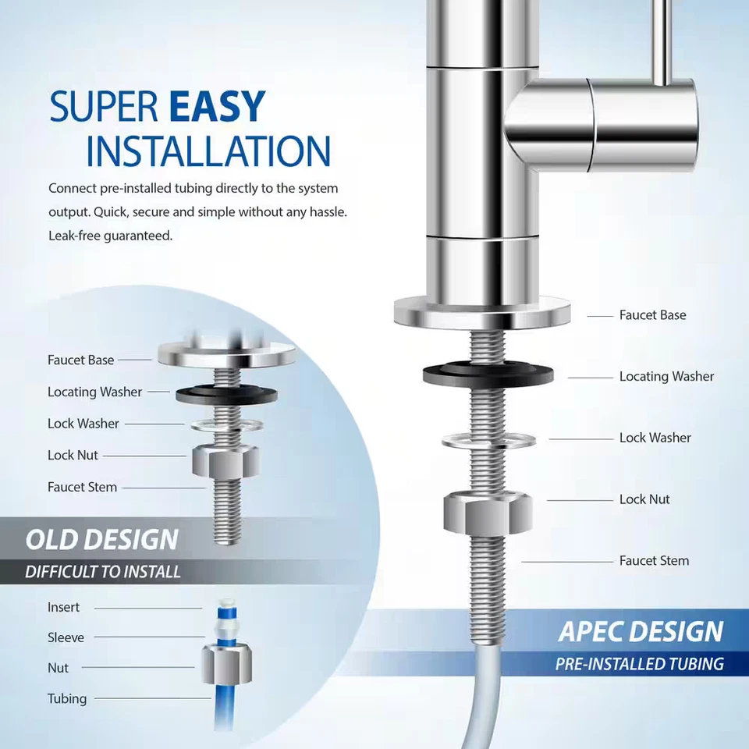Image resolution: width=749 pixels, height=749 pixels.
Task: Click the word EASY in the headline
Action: [218, 107]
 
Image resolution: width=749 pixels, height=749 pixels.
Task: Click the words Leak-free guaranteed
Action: [110, 236]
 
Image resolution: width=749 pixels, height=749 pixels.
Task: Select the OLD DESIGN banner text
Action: [102, 540]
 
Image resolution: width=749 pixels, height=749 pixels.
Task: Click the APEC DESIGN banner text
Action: [641, 632]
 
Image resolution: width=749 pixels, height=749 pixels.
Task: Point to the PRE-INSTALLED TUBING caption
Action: [640, 665]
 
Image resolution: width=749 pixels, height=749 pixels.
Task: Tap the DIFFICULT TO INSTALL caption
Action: [103, 572]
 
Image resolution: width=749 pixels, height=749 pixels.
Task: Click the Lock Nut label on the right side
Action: [644, 499]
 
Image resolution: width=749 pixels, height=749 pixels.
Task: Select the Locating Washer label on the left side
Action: [94, 392]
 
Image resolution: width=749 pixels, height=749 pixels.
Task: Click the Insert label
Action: [63, 607]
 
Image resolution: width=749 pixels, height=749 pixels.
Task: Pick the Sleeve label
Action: [66, 637]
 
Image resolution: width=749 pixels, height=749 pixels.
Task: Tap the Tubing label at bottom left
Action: [67, 698]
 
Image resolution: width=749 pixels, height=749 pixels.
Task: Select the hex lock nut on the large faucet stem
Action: [488, 511]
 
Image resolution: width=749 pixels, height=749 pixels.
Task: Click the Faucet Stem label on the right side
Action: [654, 560]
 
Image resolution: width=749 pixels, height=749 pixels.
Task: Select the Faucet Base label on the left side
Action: [80, 360]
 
